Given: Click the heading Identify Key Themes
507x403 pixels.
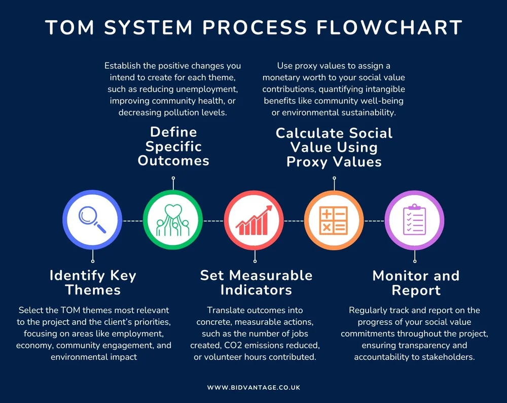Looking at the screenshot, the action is [x=93, y=283].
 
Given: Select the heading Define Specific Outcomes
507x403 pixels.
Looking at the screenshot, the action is [x=173, y=146].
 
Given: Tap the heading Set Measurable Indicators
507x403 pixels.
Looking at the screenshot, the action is [x=256, y=283].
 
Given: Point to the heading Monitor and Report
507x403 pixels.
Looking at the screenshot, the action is [x=416, y=283].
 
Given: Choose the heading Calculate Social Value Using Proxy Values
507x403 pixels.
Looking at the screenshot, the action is [x=334, y=147].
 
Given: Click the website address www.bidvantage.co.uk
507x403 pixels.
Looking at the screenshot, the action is [x=253, y=387].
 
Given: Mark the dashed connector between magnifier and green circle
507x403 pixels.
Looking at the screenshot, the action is [x=133, y=221].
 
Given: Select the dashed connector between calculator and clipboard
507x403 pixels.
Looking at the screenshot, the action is [x=375, y=221].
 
